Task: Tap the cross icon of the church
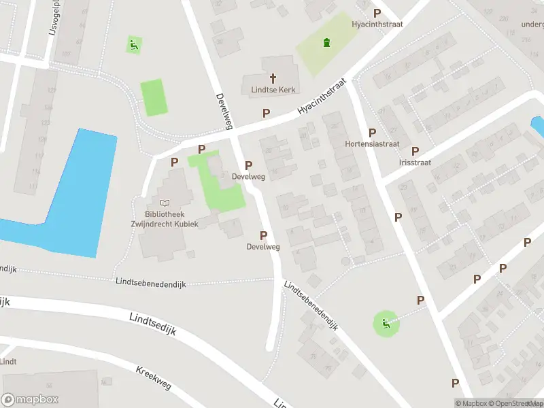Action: coord(273,78)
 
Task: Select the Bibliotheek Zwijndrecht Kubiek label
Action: coord(165,218)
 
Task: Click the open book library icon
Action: coord(165,203)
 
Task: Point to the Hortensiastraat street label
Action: coord(372,145)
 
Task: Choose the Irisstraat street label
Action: coord(415,163)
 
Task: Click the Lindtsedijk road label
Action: coord(152,322)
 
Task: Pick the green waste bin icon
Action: coord(327,43)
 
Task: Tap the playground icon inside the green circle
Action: coord(386,324)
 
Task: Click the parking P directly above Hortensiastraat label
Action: coord(372,133)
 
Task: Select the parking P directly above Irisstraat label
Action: coord(415,151)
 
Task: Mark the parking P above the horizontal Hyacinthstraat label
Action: coord(377,13)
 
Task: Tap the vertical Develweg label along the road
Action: coord(224,111)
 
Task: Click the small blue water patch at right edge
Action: coord(537,126)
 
